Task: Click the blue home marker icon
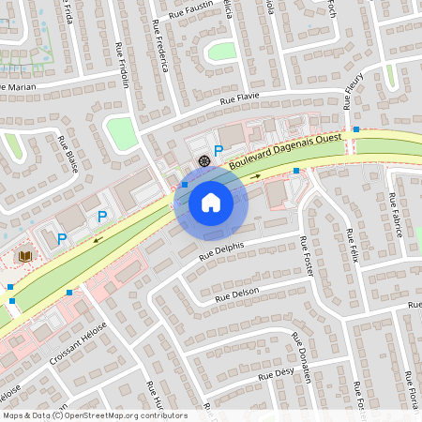[x=211, y=202]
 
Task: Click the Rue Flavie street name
[x=239, y=98]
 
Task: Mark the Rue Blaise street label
[x=68, y=155]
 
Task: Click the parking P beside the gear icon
[x=219, y=150]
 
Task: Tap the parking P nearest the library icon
[x=62, y=239]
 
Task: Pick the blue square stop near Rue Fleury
[x=356, y=128]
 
